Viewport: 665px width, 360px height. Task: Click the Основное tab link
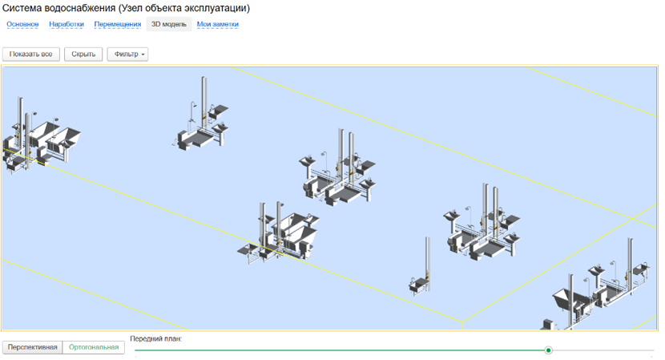(22, 24)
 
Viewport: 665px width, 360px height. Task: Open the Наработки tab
(66, 24)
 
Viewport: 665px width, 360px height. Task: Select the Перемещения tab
(118, 24)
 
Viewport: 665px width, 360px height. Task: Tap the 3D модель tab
(169, 24)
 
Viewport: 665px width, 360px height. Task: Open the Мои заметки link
(218, 24)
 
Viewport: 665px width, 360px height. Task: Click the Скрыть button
(83, 55)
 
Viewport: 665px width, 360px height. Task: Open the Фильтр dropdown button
(127, 55)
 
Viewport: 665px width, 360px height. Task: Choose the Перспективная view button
(32, 347)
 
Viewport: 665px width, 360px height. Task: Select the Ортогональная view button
(94, 347)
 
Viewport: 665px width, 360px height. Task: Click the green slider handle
(548, 350)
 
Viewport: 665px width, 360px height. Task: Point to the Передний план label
(155, 339)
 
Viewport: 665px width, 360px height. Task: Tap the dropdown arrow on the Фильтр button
(143, 55)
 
